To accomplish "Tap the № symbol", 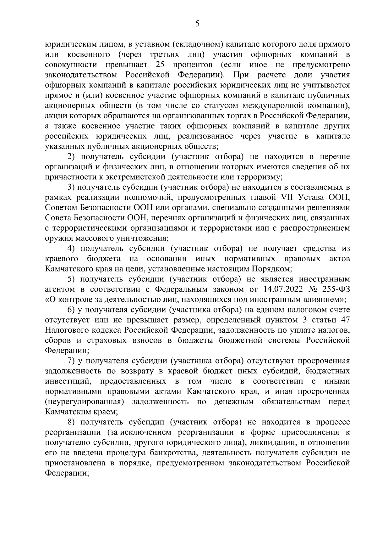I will [315, 289].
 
